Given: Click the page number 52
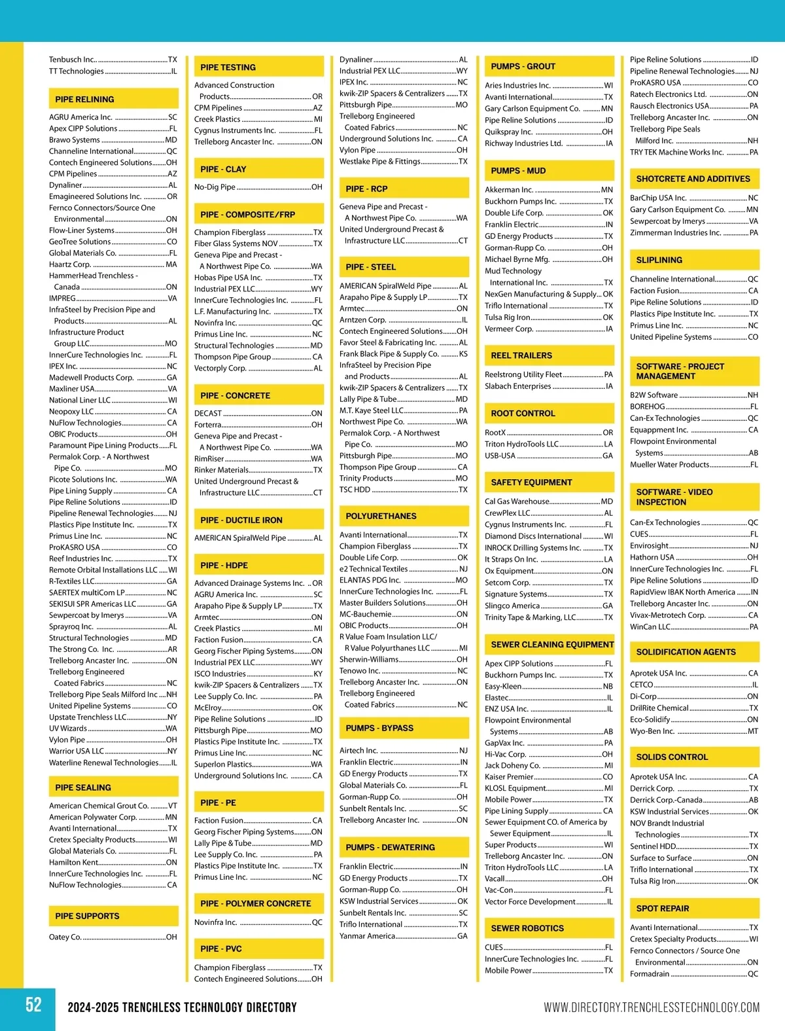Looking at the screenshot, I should coord(33,1005).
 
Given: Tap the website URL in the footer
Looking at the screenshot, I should coord(652,1007).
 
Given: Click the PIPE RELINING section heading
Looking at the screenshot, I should coord(84,99).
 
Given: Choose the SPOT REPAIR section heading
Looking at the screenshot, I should coord(663,909).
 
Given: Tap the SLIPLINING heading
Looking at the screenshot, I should coord(659,260).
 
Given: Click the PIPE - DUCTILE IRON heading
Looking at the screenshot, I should coord(241,520).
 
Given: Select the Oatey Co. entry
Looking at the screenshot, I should coord(65,937).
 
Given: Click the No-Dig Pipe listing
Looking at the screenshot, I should coord(215,187).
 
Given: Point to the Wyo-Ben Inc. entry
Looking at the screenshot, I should coord(652,731).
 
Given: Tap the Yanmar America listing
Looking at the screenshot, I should coord(367,936).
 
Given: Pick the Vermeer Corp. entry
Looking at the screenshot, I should coord(509,329).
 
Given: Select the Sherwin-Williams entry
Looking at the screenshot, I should coord(369,659).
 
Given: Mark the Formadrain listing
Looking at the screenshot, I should coord(650,974).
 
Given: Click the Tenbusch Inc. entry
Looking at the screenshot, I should coord(73,60).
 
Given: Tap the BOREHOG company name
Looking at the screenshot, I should coord(648,407).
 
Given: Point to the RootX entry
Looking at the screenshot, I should coord(495,433).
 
